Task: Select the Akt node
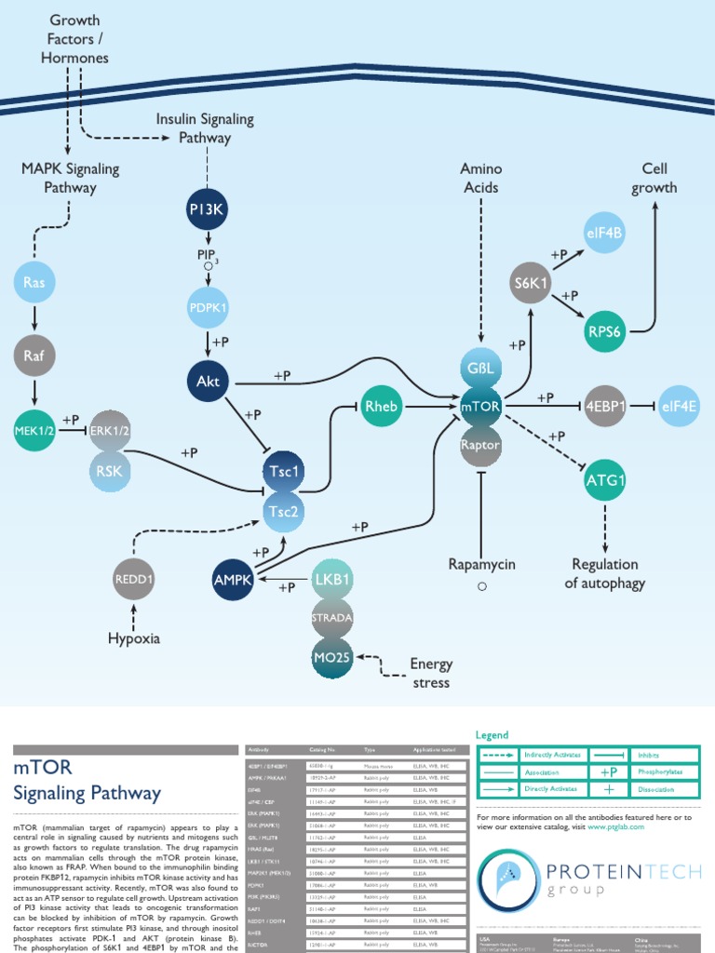pyautogui.click(x=207, y=380)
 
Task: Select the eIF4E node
pyautogui.click(x=681, y=406)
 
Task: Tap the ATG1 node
pyautogui.click(x=605, y=481)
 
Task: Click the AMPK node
pyautogui.click(x=233, y=580)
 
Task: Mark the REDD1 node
pyautogui.click(x=134, y=580)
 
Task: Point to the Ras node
pyautogui.click(x=34, y=281)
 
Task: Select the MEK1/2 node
pyautogui.click(x=34, y=429)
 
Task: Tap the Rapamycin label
pyautogui.click(x=481, y=564)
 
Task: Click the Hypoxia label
pyautogui.click(x=134, y=638)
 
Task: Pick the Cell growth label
pyautogui.click(x=654, y=178)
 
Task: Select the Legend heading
pyautogui.click(x=493, y=734)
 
